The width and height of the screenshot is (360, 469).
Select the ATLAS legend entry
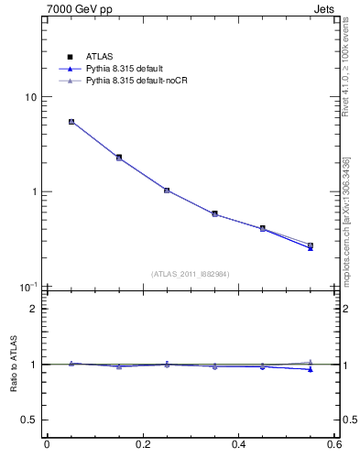[98, 58]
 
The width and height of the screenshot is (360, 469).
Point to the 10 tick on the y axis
[34, 97]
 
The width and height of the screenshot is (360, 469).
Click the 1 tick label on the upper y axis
[37, 192]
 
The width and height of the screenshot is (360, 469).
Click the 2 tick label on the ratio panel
[37, 309]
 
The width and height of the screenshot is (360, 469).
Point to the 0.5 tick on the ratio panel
[32, 420]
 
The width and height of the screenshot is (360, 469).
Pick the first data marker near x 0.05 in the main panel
[71, 121]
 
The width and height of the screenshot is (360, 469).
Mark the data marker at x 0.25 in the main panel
[167, 190]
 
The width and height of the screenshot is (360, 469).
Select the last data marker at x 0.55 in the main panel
[311, 245]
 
